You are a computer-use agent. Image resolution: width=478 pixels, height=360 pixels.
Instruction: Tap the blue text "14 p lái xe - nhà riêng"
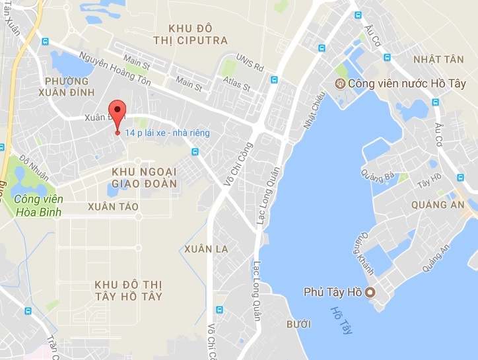pos(171,133)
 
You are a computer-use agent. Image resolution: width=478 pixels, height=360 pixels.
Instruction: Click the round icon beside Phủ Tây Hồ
pos(370,292)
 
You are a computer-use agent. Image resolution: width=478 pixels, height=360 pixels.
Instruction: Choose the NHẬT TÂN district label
pos(438,59)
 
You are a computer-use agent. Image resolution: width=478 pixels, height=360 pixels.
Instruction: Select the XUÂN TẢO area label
pos(113,207)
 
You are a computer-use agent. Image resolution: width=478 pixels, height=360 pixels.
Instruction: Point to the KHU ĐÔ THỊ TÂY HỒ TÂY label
pos(129,290)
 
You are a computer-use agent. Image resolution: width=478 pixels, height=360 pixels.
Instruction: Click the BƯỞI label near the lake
pos(298,324)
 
